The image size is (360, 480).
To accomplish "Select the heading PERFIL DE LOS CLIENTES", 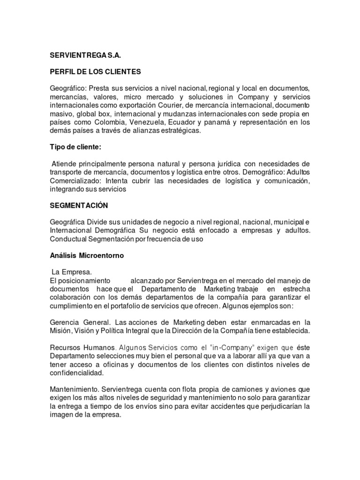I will pyautogui.click(x=95, y=72).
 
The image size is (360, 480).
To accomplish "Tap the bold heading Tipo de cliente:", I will pyautogui.click(x=75, y=147).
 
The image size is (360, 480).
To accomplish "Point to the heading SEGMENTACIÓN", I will pyautogui.click(x=79, y=205).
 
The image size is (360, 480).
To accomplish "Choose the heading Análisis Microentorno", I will pyautogui.click(x=87, y=256).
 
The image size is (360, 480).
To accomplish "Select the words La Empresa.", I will pyautogui.click(x=72, y=272).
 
